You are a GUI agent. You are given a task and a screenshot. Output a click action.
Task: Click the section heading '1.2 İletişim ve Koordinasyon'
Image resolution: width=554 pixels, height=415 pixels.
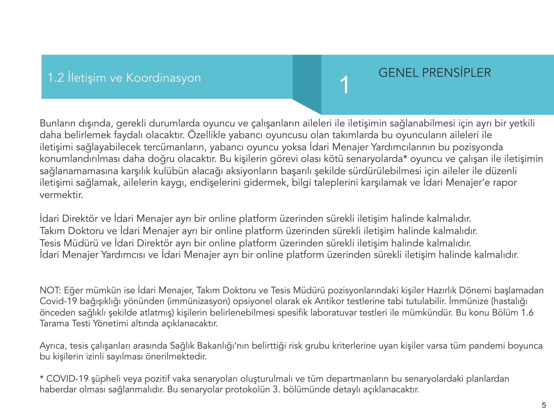(124, 78)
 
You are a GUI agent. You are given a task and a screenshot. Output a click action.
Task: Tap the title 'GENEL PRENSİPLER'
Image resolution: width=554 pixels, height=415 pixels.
(435, 73)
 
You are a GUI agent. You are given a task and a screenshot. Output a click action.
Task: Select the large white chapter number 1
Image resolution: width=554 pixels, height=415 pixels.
(344, 85)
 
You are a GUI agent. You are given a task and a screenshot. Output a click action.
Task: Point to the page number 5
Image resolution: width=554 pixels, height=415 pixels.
(544, 405)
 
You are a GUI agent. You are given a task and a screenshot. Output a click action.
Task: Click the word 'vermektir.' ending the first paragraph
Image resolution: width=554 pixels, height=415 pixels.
(61, 195)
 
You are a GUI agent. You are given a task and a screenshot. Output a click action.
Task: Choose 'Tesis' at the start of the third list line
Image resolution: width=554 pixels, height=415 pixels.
(50, 243)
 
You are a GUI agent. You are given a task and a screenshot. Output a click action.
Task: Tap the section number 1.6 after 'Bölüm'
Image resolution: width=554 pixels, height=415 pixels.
(527, 312)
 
